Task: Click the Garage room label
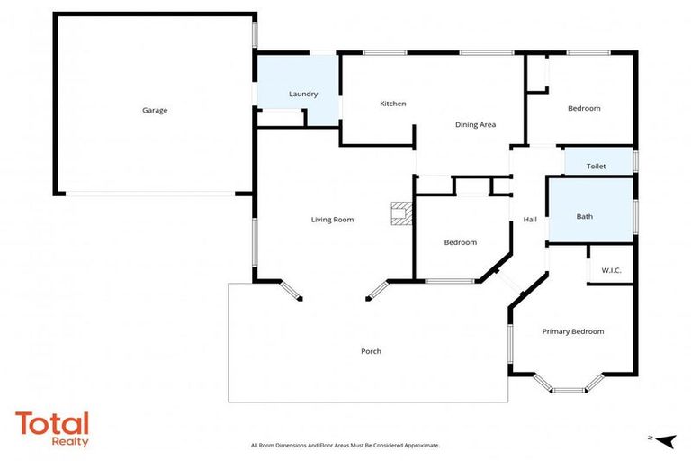tap(155, 110)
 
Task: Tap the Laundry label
tap(302, 94)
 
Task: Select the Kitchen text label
tap(392, 104)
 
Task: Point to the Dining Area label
tap(475, 124)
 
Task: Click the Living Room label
tap(332, 220)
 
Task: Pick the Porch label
tap(371, 351)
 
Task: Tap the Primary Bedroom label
tap(572, 331)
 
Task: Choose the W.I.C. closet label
tap(611, 270)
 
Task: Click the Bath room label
tap(585, 216)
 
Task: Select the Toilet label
tap(596, 167)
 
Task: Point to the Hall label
tap(530, 219)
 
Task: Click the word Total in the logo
tap(52, 423)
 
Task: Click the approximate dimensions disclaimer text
tap(345, 446)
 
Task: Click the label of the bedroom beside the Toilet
tap(583, 108)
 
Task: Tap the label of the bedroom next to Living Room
tap(460, 242)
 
